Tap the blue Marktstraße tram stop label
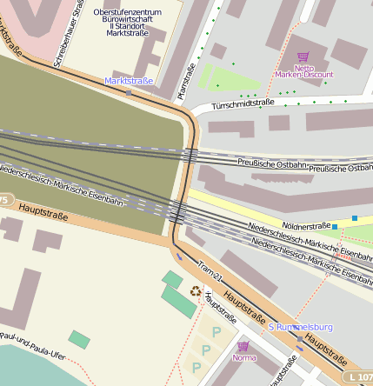tap(129, 81)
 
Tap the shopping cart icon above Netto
tap(303, 57)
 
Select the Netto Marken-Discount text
tap(304, 71)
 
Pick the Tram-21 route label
tap(211, 271)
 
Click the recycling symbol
tap(196, 293)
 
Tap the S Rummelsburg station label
tap(299, 327)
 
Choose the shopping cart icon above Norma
tap(243, 346)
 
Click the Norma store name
tap(243, 357)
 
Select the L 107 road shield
tap(359, 377)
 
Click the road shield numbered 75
tap(3, 201)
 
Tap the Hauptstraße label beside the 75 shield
tap(43, 210)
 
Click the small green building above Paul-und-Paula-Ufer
tap(79, 339)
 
